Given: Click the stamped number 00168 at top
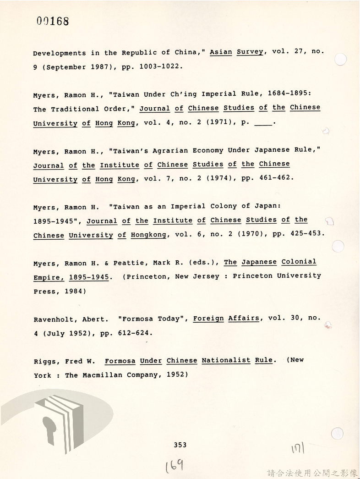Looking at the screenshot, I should click(53, 21).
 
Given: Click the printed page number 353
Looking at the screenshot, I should click(180, 445).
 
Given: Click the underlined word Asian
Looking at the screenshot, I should click(221, 52).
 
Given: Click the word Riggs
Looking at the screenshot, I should click(44, 361).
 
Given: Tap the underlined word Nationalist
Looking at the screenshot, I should click(226, 360).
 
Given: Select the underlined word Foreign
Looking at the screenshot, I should click(208, 319).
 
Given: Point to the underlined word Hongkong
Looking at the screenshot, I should click(148, 235).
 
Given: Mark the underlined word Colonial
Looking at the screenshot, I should click(299, 262).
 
